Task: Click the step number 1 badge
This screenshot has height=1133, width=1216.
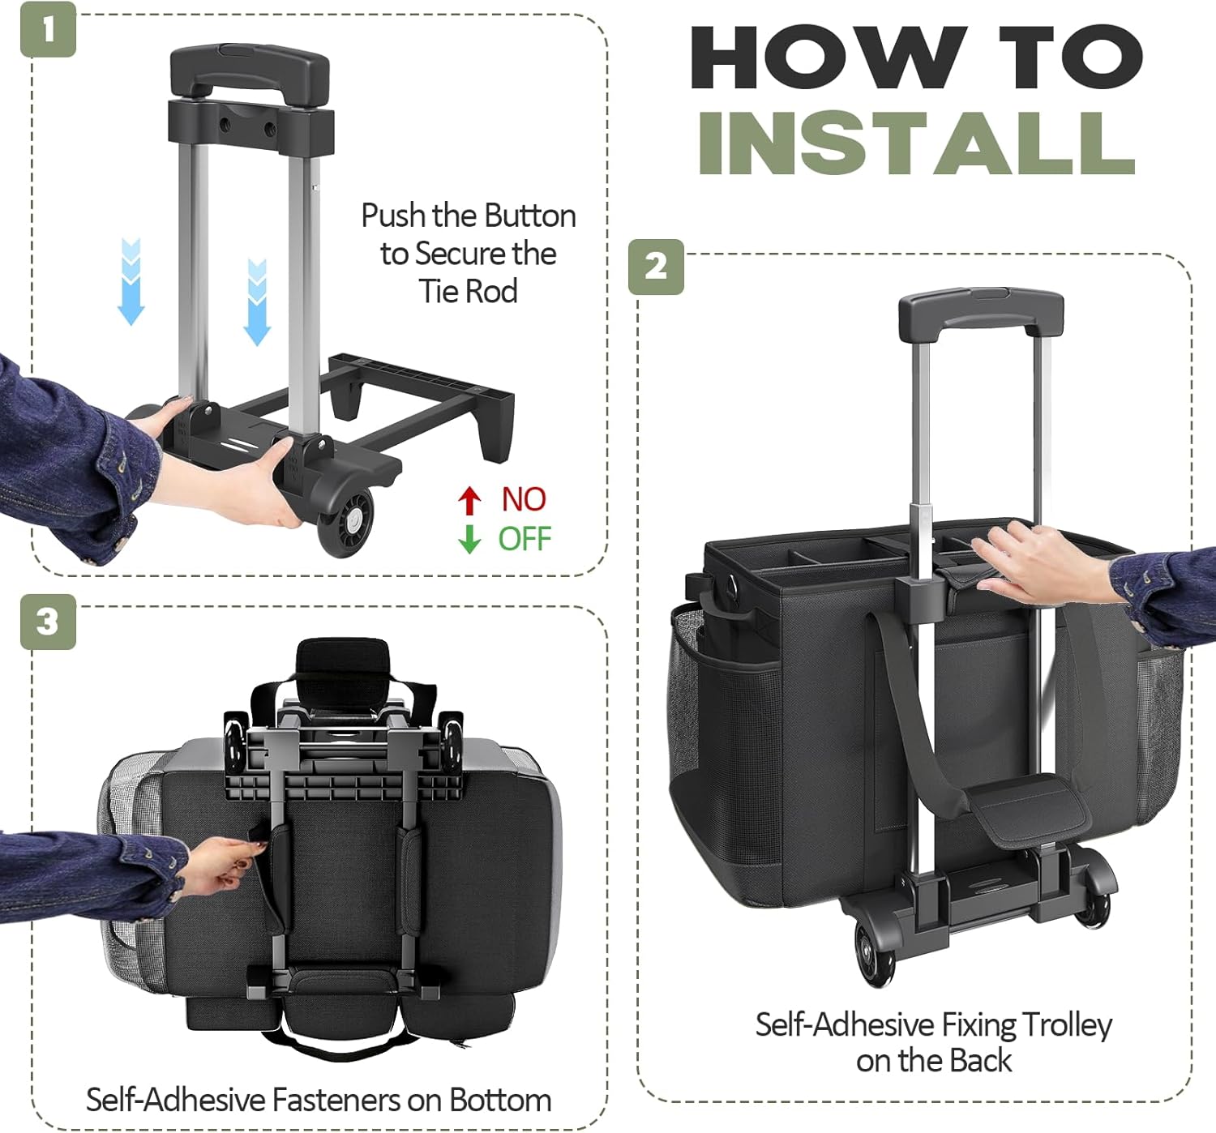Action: (x=49, y=29)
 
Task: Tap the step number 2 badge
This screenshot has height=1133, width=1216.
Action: (x=656, y=267)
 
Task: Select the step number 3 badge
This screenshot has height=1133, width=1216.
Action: (x=49, y=622)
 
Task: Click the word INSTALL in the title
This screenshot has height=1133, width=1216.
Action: (x=917, y=144)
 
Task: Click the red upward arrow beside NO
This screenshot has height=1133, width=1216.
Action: (x=469, y=500)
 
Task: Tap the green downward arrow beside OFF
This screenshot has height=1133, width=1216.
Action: (x=469, y=539)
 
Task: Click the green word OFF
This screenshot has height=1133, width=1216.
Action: (x=525, y=539)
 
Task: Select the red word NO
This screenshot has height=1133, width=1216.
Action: (x=524, y=499)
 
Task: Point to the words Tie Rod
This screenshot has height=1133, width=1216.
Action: (x=469, y=291)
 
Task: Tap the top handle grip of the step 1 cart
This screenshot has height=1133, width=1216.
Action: (x=249, y=69)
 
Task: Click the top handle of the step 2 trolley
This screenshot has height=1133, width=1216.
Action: (x=981, y=313)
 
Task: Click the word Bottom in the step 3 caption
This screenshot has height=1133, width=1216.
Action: (x=500, y=1100)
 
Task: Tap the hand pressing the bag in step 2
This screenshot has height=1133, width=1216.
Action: (x=1041, y=564)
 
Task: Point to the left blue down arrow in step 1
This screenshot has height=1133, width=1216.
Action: (x=131, y=282)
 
